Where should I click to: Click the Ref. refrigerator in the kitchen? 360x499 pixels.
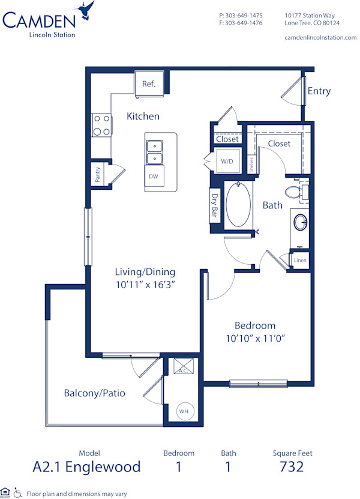point(149,83)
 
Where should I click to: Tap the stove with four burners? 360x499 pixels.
point(101,125)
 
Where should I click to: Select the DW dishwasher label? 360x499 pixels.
point(154,177)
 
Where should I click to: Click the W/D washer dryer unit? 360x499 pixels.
point(227,162)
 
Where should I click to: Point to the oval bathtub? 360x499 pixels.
point(239,205)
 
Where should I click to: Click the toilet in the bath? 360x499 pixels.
point(295,192)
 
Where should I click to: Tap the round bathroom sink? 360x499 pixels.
point(300,223)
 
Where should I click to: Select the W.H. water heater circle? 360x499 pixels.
point(183,412)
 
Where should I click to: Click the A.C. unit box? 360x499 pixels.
point(182,366)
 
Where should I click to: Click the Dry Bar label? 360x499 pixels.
point(215,206)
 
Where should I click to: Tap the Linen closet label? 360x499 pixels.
point(300,260)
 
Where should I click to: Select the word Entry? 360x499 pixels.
point(319,91)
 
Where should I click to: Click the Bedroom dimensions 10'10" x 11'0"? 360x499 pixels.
point(255,338)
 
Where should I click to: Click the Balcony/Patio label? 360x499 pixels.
point(95,393)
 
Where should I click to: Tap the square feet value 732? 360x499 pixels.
point(292,466)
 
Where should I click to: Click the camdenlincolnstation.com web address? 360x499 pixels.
point(320,37)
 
